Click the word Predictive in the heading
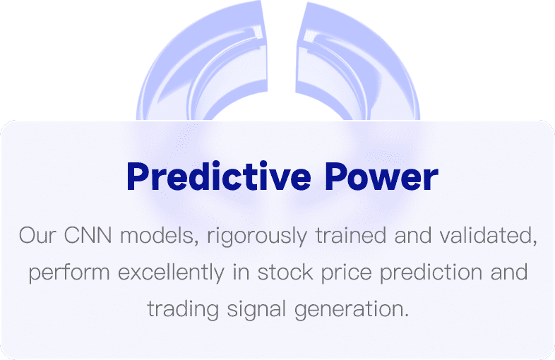click(219, 176)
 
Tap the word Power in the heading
click(381, 176)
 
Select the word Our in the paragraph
click(37, 235)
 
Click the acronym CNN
click(88, 235)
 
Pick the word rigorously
click(257, 236)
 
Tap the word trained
click(351, 235)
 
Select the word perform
click(69, 272)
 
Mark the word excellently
click(172, 272)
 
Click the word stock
click(286, 272)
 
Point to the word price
click(347, 273)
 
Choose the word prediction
click(431, 272)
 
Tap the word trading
click(183, 310)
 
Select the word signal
click(256, 310)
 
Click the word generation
click(352, 310)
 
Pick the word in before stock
click(241, 272)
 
